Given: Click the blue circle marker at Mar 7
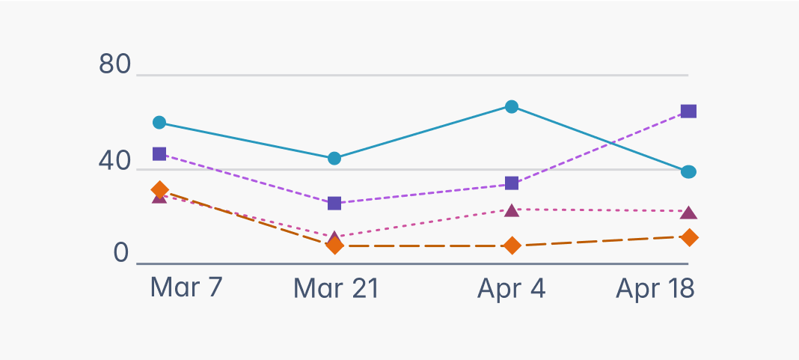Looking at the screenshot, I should coord(159,122).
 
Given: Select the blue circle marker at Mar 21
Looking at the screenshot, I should coord(334,158).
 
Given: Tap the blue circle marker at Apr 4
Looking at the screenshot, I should coord(512,106).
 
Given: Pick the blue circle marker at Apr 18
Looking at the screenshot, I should coord(688,172).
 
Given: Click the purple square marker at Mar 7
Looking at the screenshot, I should coord(159,153).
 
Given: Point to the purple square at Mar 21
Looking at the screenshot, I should coord(334,203).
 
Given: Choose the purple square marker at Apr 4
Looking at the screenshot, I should coord(512,183).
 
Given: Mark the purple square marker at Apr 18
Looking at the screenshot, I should coord(688,112).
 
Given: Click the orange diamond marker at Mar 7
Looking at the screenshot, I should coord(159,190).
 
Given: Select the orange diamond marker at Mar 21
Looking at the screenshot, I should coord(334,245).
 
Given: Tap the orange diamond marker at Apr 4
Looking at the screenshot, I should coord(512,245).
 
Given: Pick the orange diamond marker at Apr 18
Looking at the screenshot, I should coord(688,237).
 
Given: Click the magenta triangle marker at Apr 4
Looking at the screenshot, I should coord(512,210).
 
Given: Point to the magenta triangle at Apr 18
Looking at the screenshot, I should coord(688,213).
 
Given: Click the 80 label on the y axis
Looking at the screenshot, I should coord(114,65).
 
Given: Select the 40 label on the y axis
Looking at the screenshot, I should coord(114,162).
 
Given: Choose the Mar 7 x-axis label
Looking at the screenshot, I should coord(186,287).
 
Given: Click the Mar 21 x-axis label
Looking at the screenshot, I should coord(336,288).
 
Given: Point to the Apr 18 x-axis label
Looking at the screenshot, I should coord(655,288).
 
